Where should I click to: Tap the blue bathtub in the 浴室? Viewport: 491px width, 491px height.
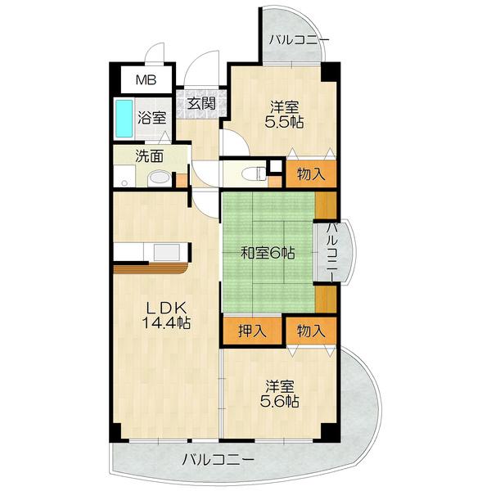[124, 119]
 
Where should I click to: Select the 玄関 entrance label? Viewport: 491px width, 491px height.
[200, 103]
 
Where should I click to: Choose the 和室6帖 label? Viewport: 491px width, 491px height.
[268, 254]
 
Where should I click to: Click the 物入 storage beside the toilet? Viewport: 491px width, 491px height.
[311, 173]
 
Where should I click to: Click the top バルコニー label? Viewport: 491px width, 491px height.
[299, 39]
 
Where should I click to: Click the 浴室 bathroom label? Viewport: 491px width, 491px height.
[152, 116]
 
